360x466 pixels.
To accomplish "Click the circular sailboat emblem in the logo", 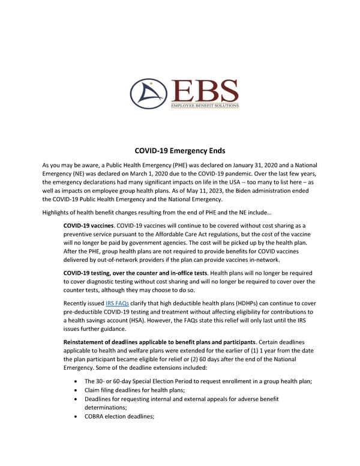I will [148, 94].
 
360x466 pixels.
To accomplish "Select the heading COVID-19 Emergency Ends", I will [179, 152].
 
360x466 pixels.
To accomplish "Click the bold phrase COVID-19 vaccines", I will [89, 225].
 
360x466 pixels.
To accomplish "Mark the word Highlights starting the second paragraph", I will [58, 211].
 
